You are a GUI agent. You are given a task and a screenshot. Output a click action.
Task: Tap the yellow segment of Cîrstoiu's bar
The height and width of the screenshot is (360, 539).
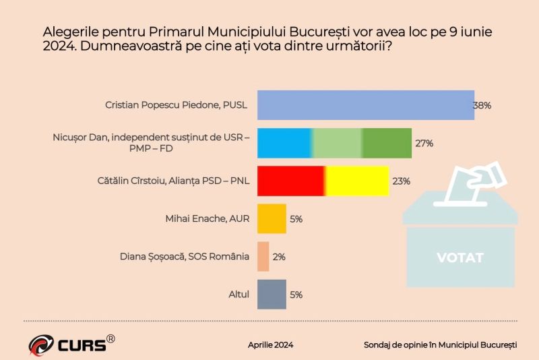[357, 181]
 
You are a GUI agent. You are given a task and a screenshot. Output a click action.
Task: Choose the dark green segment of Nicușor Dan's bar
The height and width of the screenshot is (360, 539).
[387, 143]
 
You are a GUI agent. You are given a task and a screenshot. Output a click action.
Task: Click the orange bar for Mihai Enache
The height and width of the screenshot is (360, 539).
[272, 218]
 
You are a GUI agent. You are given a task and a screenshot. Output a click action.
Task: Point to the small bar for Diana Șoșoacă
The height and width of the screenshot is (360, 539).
[263, 256]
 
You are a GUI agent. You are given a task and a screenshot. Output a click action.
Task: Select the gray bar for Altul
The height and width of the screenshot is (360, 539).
[272, 294]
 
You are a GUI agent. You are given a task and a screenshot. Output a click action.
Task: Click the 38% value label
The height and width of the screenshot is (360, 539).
[482, 106]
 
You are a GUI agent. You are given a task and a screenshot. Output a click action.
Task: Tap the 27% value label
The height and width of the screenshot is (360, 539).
[424, 144]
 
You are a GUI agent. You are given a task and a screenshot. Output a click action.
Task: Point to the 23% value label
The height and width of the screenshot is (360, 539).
[402, 181]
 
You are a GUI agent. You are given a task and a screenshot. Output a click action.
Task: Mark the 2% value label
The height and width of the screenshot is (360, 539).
[278, 257]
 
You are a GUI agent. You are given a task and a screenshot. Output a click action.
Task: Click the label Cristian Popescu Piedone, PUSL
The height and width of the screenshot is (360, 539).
[177, 105]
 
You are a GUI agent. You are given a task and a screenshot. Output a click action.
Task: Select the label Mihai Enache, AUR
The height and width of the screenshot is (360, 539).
[208, 218]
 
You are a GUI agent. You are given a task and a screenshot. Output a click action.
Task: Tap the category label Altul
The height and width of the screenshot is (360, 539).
[239, 294]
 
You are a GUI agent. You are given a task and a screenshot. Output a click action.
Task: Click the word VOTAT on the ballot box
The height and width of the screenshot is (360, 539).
[460, 258]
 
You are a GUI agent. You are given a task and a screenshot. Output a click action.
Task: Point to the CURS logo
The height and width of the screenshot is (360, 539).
[71, 343]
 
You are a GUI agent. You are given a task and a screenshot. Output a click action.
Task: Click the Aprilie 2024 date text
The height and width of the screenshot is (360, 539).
[270, 344]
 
